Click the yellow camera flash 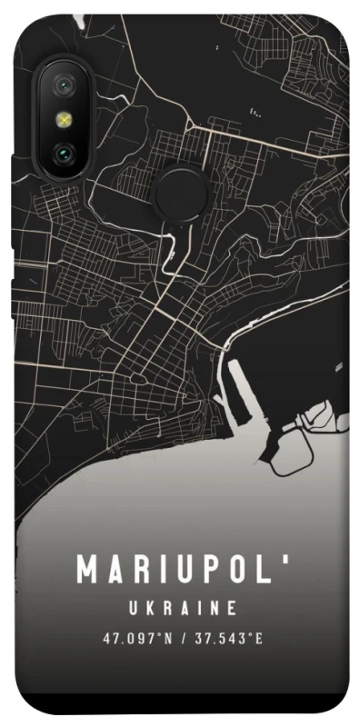pyautogui.click(x=65, y=120)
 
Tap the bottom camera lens pyautogui.click(x=65, y=152)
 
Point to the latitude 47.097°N pyautogui.click(x=134, y=639)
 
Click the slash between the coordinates pyautogui.click(x=184, y=639)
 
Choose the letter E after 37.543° pyautogui.click(x=258, y=639)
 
